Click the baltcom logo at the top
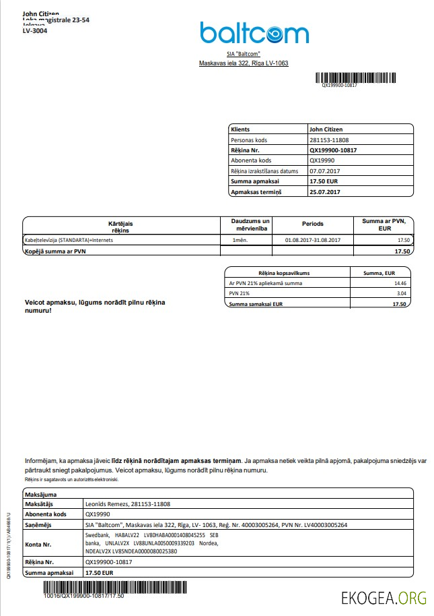coord(254,33)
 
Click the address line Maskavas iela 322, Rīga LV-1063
coord(244,63)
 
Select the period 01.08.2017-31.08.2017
coord(312,240)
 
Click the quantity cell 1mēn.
coord(239,240)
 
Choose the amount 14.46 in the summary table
coord(400,283)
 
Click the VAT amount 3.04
coord(400,294)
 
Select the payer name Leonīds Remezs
coord(107,503)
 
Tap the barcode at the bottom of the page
coord(84,588)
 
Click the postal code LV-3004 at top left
coord(35,31)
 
